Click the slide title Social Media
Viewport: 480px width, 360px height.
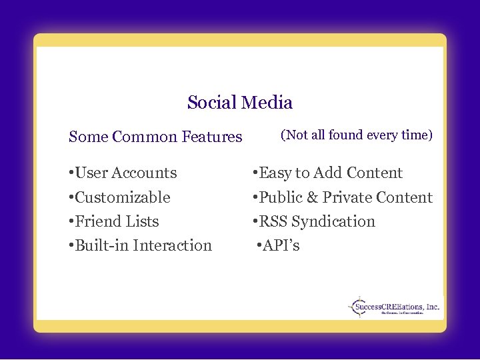click(x=240, y=103)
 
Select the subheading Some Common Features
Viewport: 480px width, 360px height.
click(x=155, y=137)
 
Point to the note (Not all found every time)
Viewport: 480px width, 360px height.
click(x=357, y=135)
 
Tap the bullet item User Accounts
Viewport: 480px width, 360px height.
click(x=123, y=173)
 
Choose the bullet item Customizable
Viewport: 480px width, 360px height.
click(x=119, y=197)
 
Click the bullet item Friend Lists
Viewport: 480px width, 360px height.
click(x=114, y=221)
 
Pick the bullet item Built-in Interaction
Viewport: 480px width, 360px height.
click(x=140, y=245)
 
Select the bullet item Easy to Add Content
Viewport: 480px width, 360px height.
click(x=327, y=173)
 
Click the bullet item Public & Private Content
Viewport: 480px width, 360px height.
click(x=342, y=197)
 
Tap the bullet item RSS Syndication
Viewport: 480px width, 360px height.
click(x=313, y=221)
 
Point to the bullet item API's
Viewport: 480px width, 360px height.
click(x=279, y=245)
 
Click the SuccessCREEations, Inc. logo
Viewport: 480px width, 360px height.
click(x=394, y=307)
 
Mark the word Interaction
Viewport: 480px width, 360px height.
click(x=172, y=245)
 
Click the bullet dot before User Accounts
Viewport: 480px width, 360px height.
click(x=71, y=173)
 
